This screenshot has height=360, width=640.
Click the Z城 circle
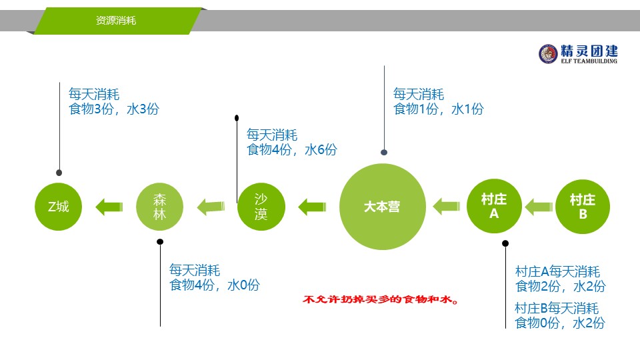pos(59,207)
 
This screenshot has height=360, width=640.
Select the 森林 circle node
pos(159,207)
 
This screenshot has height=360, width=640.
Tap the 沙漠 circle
pos(261,207)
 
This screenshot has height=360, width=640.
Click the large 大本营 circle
pos(383,207)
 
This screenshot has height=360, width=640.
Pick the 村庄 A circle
pos(494,206)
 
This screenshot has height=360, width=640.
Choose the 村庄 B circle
pos(583,207)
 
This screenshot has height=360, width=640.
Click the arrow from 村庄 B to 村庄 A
pos(539,207)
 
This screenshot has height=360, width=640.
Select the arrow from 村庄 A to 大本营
pos(447,207)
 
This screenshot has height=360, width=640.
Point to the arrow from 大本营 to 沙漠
pos(312,207)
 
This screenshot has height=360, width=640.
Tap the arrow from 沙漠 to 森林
pos(211,207)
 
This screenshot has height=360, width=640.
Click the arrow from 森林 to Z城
pos(109,207)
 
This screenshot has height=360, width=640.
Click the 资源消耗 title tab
pos(117,21)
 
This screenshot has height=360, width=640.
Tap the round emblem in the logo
pos(548,54)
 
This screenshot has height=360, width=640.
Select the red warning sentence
pos(381,299)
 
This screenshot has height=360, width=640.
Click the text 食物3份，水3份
pos(114,109)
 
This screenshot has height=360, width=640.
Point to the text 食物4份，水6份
pos(292,150)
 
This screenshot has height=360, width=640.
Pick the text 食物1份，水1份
pos(439,109)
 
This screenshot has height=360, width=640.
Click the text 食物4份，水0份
pos(215,285)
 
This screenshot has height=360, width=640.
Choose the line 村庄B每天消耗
pos(557,308)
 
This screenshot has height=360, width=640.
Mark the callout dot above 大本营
pos(384,152)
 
